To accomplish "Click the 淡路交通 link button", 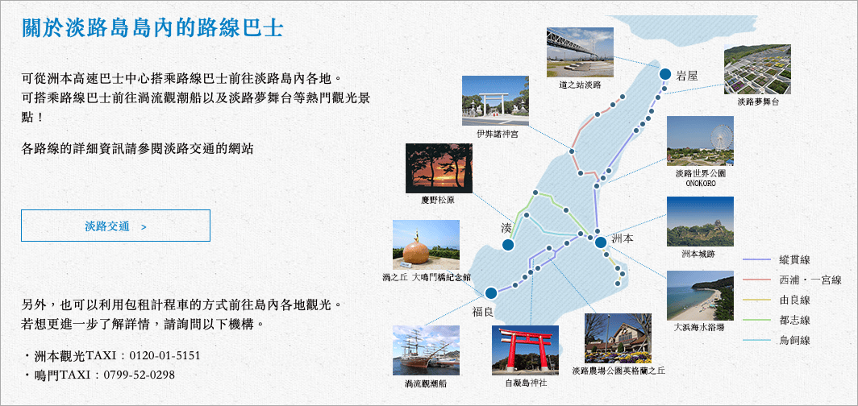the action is pyautogui.click(x=115, y=225).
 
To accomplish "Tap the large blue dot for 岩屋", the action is pyautogui.click(x=665, y=74).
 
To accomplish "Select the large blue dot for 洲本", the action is pyautogui.click(x=600, y=242).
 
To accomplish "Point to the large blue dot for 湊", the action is pyautogui.click(x=508, y=246).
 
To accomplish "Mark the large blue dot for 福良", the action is pyautogui.click(x=491, y=293).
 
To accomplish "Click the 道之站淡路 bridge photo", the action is pyautogui.click(x=580, y=52).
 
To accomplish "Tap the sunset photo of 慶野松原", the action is pyautogui.click(x=439, y=168).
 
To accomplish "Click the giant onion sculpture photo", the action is pyautogui.click(x=426, y=245).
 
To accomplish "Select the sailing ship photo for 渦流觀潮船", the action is pyautogui.click(x=427, y=350).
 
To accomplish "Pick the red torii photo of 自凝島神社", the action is pyautogui.click(x=525, y=350).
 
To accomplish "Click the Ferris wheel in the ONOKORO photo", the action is pyautogui.click(x=720, y=137).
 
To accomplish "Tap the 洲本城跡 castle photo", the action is pyautogui.click(x=701, y=222).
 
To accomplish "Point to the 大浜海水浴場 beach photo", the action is pyautogui.click(x=701, y=296).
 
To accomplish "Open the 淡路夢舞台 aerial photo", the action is pyautogui.click(x=757, y=69).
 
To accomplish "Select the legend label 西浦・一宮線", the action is pyautogui.click(x=810, y=280).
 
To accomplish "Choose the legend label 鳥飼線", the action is pyautogui.click(x=794, y=341).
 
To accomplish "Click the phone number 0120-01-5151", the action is pyautogui.click(x=165, y=356).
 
